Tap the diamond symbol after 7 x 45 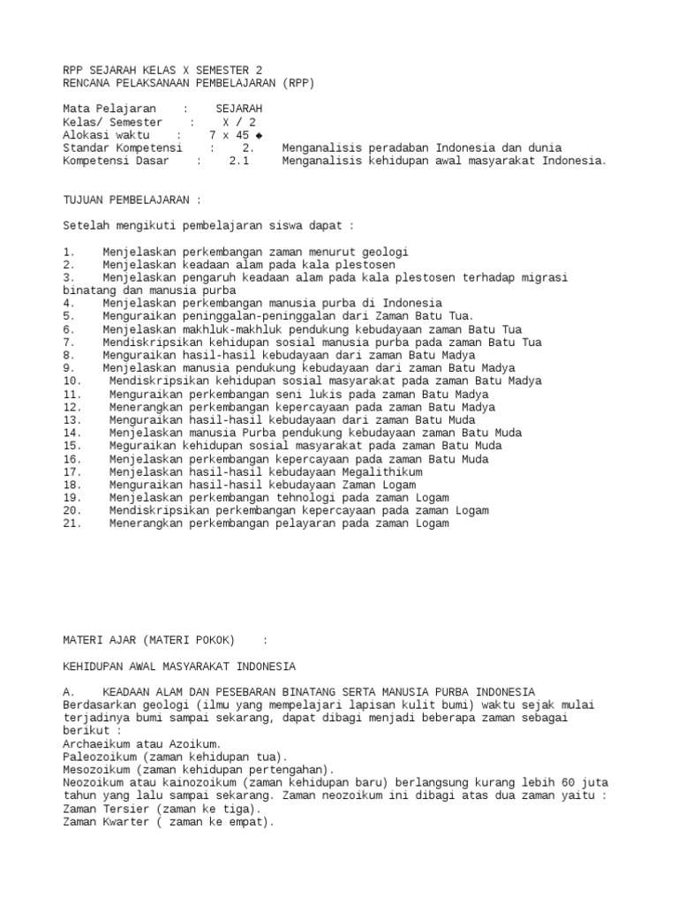click(x=258, y=135)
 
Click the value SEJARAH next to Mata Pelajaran click(x=238, y=109)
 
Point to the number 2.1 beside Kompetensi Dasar click(x=239, y=161)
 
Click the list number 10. click(x=72, y=381)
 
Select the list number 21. click(x=72, y=524)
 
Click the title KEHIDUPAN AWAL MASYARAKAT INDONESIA click(x=179, y=666)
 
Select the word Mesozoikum click(x=95, y=770)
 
